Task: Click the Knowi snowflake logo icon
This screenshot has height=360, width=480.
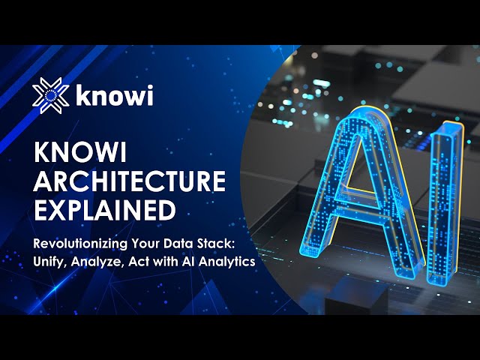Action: (50, 95)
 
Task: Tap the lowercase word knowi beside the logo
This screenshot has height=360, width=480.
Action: (114, 95)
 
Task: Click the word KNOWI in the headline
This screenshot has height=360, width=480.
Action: (80, 152)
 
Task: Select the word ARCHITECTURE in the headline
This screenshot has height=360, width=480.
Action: (130, 181)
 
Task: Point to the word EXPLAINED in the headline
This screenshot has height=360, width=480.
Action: (105, 210)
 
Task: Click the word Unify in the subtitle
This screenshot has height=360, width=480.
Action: (50, 262)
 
